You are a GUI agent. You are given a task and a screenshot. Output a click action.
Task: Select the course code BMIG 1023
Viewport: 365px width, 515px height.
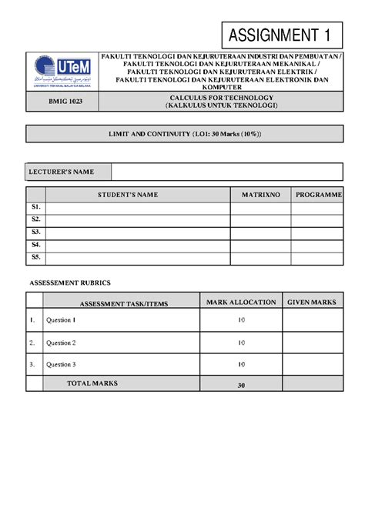point(62,104)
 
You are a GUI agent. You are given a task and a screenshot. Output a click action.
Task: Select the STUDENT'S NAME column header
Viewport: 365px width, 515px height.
point(138,195)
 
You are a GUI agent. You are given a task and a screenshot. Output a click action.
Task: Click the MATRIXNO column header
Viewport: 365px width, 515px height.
point(260,195)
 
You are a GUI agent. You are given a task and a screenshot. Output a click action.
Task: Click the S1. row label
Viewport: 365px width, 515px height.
point(36,207)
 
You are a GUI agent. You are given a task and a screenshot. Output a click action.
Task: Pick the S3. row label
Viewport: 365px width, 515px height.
point(36,232)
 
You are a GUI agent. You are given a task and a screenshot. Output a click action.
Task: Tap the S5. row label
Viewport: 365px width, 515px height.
point(36,257)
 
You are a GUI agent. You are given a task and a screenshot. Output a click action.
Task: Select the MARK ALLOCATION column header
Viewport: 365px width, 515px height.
point(240,303)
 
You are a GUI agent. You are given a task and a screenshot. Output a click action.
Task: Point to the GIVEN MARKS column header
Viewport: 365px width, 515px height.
point(311,303)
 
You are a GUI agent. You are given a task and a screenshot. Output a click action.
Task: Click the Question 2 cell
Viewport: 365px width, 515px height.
point(61,343)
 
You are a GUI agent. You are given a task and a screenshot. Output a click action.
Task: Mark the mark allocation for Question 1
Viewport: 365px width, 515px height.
point(241,320)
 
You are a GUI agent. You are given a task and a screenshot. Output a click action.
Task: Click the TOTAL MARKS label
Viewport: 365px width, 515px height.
point(90,383)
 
